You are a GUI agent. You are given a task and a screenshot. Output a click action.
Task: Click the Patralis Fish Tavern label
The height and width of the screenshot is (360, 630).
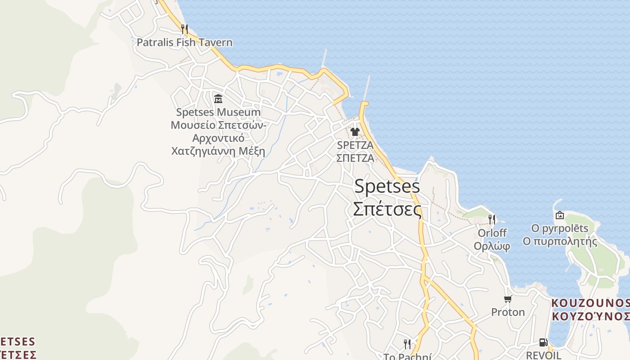pyautogui.click(x=184, y=43)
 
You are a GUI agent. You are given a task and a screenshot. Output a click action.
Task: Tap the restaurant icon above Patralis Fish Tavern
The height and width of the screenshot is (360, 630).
pyautogui.click(x=184, y=29)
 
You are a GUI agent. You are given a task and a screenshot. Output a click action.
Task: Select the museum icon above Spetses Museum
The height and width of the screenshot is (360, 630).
pyautogui.click(x=218, y=99)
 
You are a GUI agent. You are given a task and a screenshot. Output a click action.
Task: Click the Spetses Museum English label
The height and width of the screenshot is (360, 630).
pyautogui.click(x=218, y=112)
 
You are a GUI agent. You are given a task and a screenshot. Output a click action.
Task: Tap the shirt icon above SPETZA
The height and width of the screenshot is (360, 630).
pyautogui.click(x=355, y=132)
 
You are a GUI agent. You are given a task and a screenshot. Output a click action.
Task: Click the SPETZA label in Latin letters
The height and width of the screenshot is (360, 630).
pyautogui.click(x=355, y=145)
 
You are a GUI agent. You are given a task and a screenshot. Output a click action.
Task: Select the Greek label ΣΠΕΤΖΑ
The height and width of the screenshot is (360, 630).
pyautogui.click(x=355, y=158)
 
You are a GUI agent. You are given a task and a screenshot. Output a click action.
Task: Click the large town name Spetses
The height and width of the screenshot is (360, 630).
pyautogui.click(x=387, y=186)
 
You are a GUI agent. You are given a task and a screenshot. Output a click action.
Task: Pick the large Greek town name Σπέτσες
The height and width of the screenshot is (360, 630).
pyautogui.click(x=387, y=209)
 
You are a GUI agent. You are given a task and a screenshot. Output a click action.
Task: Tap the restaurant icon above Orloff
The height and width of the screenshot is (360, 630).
pyautogui.click(x=492, y=220)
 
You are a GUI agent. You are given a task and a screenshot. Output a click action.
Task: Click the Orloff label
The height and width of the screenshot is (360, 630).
pyautogui.click(x=492, y=233)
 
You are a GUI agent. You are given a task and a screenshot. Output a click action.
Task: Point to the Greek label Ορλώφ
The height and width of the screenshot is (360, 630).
pyautogui.click(x=492, y=246)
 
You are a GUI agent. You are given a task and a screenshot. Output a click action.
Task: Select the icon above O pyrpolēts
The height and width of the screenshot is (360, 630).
pyautogui.click(x=560, y=215)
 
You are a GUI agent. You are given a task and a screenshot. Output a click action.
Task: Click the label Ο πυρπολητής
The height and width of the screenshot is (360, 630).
pyautogui.click(x=560, y=241)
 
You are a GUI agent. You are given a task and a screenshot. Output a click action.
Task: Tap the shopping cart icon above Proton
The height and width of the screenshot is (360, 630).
pyautogui.click(x=508, y=299)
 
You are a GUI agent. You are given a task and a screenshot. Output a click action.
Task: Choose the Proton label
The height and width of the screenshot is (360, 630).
pyautogui.click(x=508, y=312)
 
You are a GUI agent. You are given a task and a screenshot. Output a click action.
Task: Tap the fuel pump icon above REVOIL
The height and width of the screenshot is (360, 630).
pyautogui.click(x=544, y=342)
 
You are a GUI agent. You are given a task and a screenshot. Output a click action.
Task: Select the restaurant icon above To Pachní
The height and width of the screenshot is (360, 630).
pyautogui.click(x=407, y=344)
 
